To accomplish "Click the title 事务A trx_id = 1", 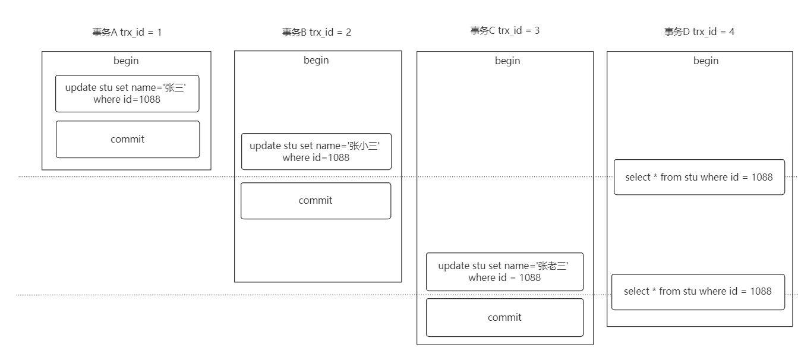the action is pos(127,33).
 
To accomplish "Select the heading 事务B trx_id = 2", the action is pos(316,33).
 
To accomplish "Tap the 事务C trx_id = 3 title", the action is pos(505,31).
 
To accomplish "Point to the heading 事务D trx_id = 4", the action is pos(699,31).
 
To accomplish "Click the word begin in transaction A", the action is pos(126,61).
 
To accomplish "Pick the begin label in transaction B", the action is pos(316,60).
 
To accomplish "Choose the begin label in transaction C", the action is pos(507,61).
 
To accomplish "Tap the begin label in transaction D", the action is pos(706,61).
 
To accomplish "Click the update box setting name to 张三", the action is pos(127,94).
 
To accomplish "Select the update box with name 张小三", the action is pos(316,151).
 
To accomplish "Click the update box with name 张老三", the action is pos(505,271).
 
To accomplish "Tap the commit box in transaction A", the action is pos(128,139).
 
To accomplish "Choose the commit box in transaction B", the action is pos(316,201).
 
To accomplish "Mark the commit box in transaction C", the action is pos(505,318).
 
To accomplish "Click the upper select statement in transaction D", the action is pos(699,177).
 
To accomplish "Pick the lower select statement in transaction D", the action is pos(698,292).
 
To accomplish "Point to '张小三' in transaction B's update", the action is pos(363,146).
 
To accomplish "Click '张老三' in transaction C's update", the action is pos(552,266).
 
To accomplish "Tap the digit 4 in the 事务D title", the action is pos(731,31).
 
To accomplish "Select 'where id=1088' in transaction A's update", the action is pos(127,99).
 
